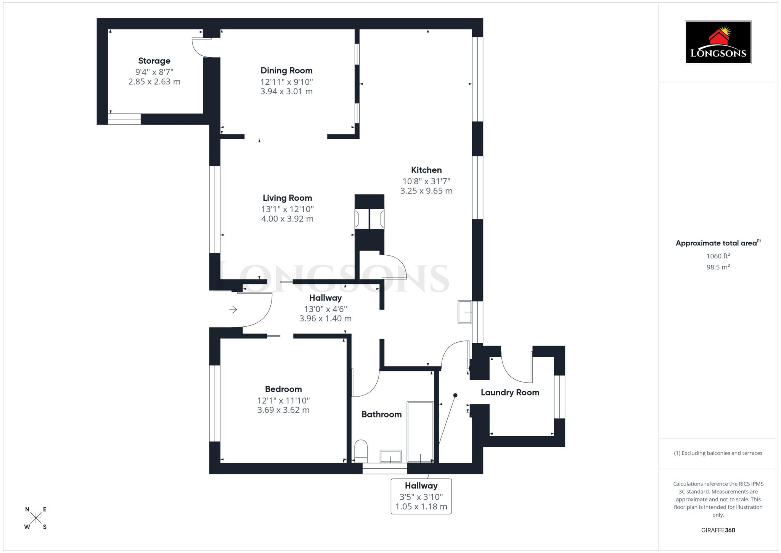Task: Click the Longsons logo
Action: pyautogui.click(x=718, y=42)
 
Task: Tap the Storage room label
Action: pyautogui.click(x=154, y=61)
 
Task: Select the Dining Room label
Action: pyautogui.click(x=286, y=71)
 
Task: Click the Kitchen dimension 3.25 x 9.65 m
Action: pyautogui.click(x=426, y=191)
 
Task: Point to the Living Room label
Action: pyautogui.click(x=287, y=198)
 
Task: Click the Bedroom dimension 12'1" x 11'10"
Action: pyautogui.click(x=283, y=400)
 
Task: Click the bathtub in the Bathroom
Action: pyautogui.click(x=420, y=431)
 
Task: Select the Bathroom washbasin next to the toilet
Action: pyautogui.click(x=390, y=456)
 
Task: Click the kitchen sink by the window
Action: pyautogui.click(x=464, y=312)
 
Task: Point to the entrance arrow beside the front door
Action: pyautogui.click(x=233, y=310)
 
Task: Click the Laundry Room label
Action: pyautogui.click(x=510, y=392)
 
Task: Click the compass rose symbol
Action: pyautogui.click(x=36, y=518)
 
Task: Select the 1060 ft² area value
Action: pyautogui.click(x=718, y=256)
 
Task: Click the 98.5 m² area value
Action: pyautogui.click(x=718, y=267)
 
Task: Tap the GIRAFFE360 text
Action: pyautogui.click(x=718, y=530)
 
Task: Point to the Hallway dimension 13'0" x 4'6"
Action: pyautogui.click(x=325, y=309)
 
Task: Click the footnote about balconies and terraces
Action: pyautogui.click(x=718, y=453)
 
